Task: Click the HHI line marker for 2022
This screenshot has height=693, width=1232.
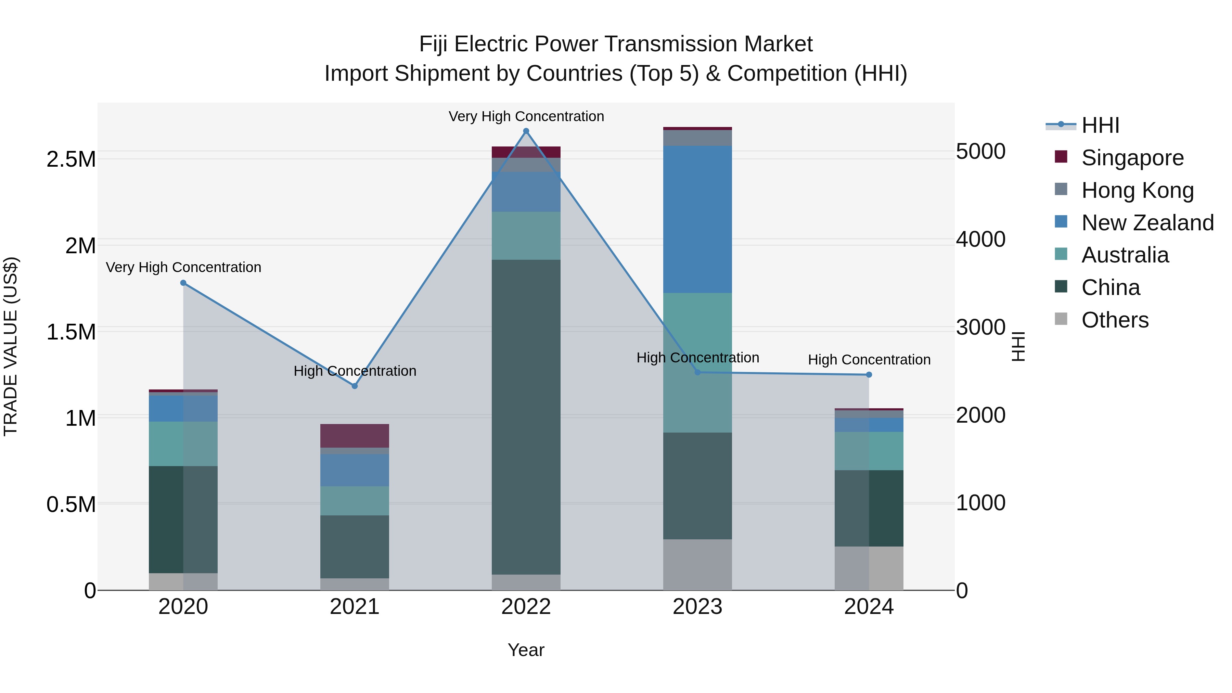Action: pos(526,131)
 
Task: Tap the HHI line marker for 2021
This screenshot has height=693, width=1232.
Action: pos(355,385)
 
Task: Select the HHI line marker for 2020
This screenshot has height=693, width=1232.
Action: pos(183,283)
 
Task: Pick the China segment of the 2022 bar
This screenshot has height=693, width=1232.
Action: pos(526,416)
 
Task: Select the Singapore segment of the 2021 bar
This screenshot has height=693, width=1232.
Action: pos(355,435)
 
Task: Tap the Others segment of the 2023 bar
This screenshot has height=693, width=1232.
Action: pos(697,564)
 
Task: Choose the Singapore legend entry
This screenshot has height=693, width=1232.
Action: pos(1132,158)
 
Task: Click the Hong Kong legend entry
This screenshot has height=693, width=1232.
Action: pos(1137,190)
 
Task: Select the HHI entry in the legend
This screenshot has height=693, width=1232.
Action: pos(1100,125)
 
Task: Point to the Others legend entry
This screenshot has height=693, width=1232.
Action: pos(1114,320)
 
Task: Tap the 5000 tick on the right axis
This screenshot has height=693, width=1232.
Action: pos(980,152)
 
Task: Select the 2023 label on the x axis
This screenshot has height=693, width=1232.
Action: pos(697,607)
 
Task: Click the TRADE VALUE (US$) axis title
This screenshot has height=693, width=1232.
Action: pos(11,346)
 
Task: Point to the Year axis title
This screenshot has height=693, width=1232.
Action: pos(526,650)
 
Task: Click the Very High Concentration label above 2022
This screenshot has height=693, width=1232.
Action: pos(526,116)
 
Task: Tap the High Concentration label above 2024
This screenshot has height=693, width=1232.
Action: pos(869,359)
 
